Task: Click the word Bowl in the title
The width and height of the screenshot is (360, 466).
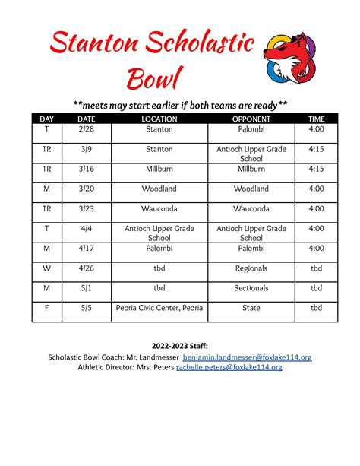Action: click(155, 77)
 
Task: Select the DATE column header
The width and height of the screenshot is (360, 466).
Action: click(86, 119)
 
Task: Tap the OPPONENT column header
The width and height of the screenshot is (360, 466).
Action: click(251, 119)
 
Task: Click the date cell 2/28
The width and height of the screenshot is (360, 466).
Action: click(86, 130)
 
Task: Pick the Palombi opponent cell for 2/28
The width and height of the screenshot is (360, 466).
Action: click(251, 130)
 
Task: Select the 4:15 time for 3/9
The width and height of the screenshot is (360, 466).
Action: click(316, 150)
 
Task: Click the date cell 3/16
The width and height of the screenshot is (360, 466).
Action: click(86, 169)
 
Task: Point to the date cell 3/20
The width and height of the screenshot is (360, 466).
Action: click(86, 189)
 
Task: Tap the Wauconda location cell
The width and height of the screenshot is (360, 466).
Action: click(159, 208)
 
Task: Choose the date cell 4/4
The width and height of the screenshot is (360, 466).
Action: click(86, 228)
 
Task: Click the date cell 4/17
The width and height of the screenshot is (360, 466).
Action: click(86, 248)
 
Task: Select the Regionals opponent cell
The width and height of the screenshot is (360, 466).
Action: click(251, 268)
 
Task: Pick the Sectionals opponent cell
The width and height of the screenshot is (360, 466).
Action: click(251, 288)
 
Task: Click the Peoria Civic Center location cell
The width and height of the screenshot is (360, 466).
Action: click(159, 308)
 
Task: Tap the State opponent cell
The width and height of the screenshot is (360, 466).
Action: click(251, 308)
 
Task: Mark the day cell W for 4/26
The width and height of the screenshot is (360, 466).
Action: click(46, 268)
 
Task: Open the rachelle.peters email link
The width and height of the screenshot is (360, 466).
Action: click(229, 366)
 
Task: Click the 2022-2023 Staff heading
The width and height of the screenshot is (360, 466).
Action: click(180, 345)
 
